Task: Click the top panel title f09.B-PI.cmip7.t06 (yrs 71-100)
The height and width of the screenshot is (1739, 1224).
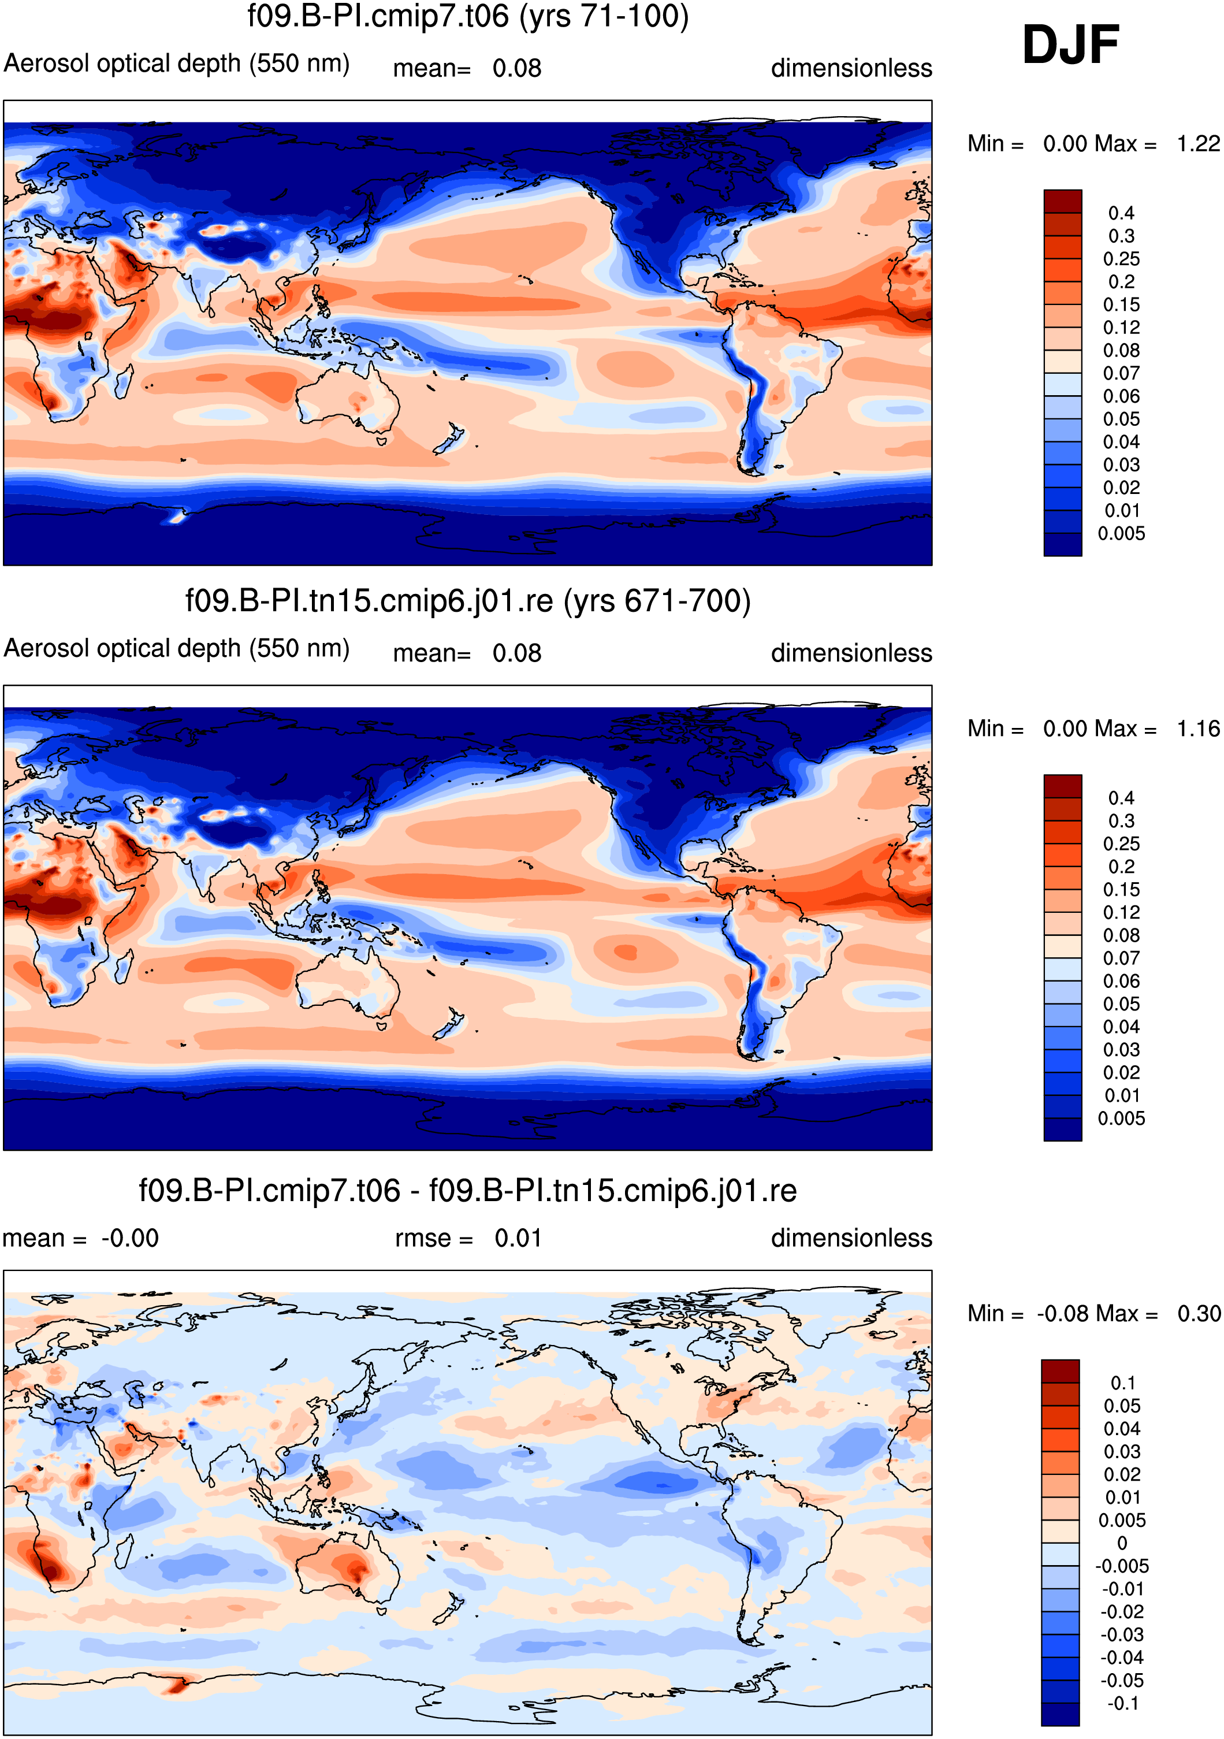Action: pyautogui.click(x=468, y=17)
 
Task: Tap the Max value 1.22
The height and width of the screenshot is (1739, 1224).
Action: pyautogui.click(x=1198, y=143)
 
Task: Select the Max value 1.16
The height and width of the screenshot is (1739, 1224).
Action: pyautogui.click(x=1198, y=729)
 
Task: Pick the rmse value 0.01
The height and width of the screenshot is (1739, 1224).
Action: pyautogui.click(x=518, y=1238)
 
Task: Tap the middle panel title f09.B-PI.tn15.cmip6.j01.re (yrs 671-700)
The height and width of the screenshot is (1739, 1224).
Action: pyautogui.click(x=468, y=601)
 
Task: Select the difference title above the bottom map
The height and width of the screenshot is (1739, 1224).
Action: pyautogui.click(x=467, y=1191)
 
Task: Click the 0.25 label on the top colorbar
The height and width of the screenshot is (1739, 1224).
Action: pyautogui.click(x=1121, y=259)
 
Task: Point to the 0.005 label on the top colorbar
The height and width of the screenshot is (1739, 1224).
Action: pyautogui.click(x=1121, y=534)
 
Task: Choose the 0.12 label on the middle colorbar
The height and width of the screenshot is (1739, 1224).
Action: pyautogui.click(x=1121, y=913)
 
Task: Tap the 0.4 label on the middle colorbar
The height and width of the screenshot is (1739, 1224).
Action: pyautogui.click(x=1121, y=798)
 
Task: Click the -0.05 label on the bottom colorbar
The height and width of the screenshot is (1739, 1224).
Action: pyautogui.click(x=1122, y=1681)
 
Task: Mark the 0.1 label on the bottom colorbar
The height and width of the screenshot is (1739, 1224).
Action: pyautogui.click(x=1122, y=1383)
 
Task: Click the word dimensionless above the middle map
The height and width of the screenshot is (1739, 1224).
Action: pyautogui.click(x=851, y=653)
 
